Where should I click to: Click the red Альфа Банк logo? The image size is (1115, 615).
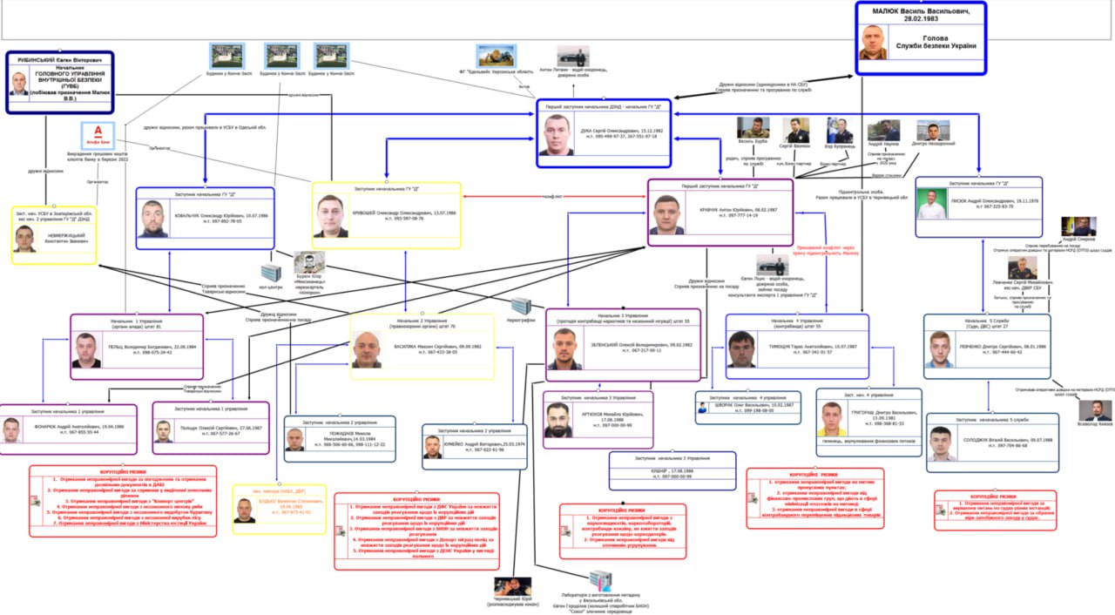[97, 135]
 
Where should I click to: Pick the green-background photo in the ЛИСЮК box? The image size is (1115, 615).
[932, 206]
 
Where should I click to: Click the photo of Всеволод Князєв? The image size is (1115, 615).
[1095, 410]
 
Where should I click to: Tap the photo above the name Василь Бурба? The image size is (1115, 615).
[753, 128]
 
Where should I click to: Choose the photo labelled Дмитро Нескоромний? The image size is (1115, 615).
[934, 131]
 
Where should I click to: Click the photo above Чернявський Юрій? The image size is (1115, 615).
[513, 586]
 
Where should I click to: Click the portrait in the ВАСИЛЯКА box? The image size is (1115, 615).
[367, 348]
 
